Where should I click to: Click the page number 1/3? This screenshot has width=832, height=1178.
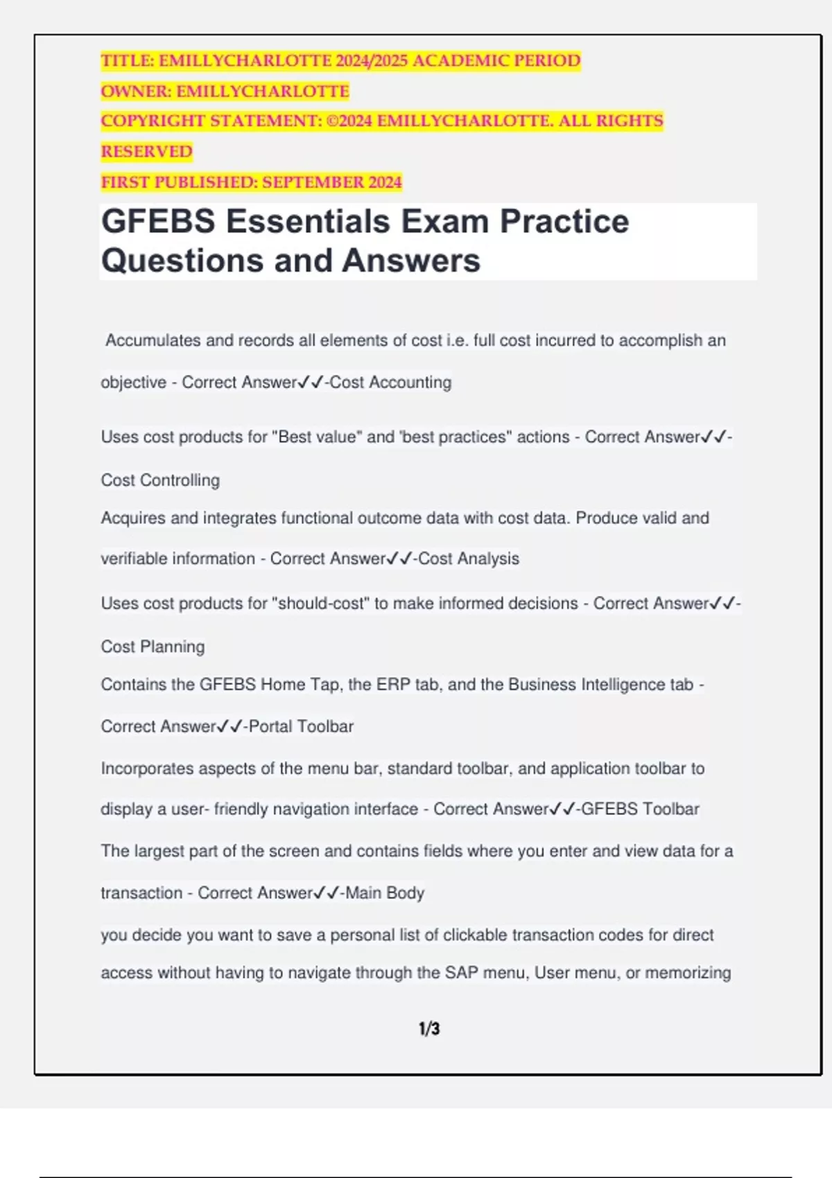coord(429,1028)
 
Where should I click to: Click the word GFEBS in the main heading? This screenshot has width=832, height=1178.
coord(158,222)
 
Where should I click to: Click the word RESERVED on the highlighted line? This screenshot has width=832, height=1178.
coord(146,152)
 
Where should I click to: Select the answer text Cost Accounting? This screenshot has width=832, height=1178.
coord(390,383)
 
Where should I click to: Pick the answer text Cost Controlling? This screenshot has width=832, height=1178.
coord(160,480)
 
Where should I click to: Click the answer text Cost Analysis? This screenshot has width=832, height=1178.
coord(469,559)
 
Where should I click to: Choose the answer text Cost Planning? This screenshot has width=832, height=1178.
coord(153,647)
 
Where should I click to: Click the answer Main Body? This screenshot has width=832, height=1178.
coord(385,893)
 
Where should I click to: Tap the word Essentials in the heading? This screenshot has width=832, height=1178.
coord(308,222)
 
